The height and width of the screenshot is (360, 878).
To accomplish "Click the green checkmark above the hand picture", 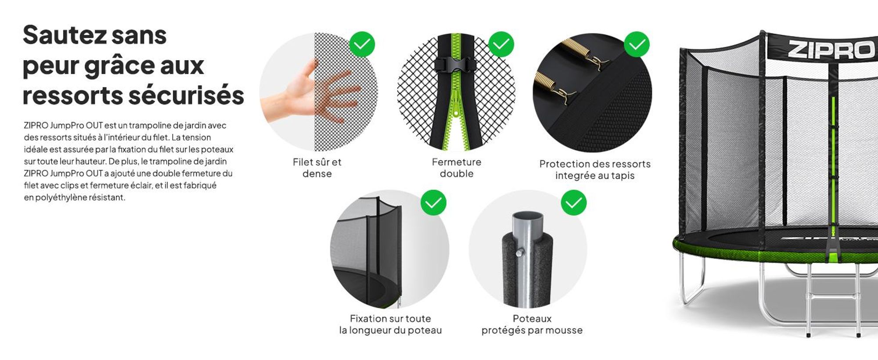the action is pos(362,44).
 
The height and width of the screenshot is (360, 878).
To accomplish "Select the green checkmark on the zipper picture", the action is pos(501,44).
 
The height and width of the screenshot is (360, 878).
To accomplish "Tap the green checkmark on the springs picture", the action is pos(637,44).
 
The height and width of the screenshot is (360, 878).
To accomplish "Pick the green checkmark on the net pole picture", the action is pos(433,202).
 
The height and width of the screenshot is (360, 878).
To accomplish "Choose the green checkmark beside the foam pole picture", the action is pos(573,202).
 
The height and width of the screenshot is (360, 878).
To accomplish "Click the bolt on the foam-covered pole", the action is pos(521,253).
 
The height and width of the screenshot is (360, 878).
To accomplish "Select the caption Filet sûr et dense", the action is pos(317,168).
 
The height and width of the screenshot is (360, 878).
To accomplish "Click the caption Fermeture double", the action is pos(457,168).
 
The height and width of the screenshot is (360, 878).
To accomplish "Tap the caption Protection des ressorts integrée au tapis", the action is pos(595,169).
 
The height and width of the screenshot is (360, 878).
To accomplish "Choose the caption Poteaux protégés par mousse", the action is pos(532,324).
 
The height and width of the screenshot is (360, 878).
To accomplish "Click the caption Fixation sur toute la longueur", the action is pos(390,324).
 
